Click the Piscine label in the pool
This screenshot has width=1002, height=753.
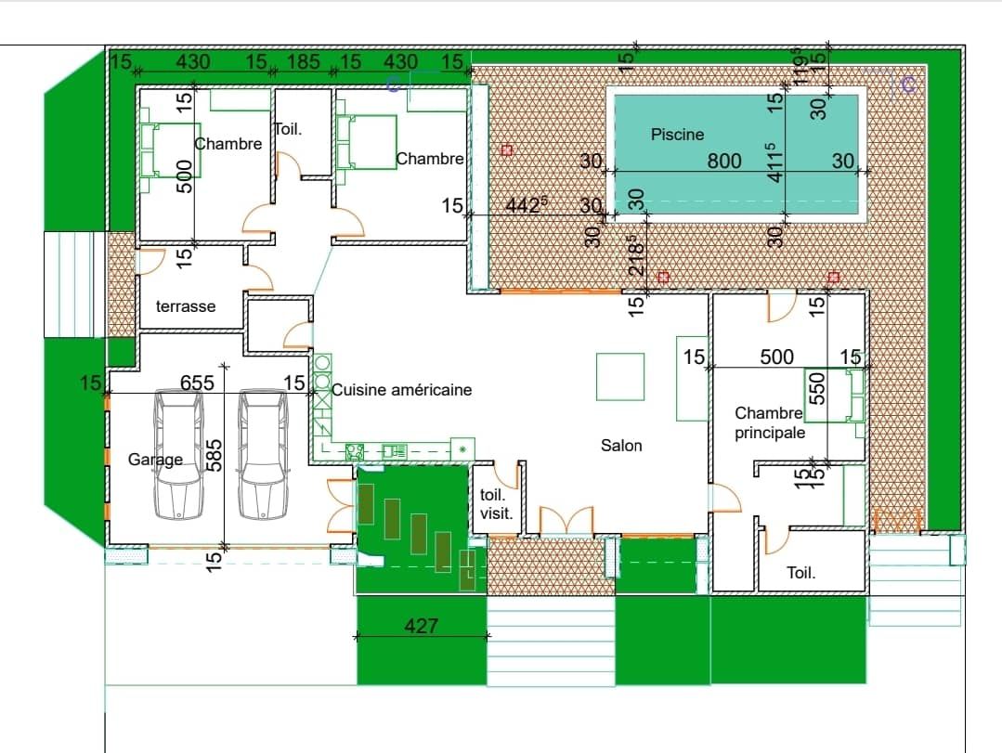click(x=677, y=135)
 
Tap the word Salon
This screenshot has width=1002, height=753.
click(x=621, y=445)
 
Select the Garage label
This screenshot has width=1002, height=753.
click(x=155, y=460)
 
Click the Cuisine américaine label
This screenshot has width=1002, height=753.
click(x=402, y=390)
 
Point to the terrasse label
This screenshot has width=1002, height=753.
click(x=186, y=306)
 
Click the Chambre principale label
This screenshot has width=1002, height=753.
click(x=769, y=422)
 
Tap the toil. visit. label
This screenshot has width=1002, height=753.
click(x=496, y=504)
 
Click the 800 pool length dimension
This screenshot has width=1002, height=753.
click(x=724, y=161)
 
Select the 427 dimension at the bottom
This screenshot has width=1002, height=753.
click(x=421, y=626)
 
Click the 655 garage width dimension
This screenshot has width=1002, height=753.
click(x=197, y=383)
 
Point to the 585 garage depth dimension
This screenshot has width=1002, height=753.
click(x=215, y=455)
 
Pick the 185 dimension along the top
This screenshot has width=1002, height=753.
click(x=303, y=62)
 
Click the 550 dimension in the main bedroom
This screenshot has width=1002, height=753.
click(x=817, y=388)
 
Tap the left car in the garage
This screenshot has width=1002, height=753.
click(x=178, y=455)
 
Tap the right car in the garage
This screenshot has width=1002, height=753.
click(x=263, y=455)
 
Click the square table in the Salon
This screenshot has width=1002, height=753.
click(x=619, y=377)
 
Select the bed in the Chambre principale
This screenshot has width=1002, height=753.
click(x=834, y=396)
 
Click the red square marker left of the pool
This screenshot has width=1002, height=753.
click(x=507, y=150)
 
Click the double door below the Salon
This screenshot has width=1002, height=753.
click(x=566, y=521)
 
